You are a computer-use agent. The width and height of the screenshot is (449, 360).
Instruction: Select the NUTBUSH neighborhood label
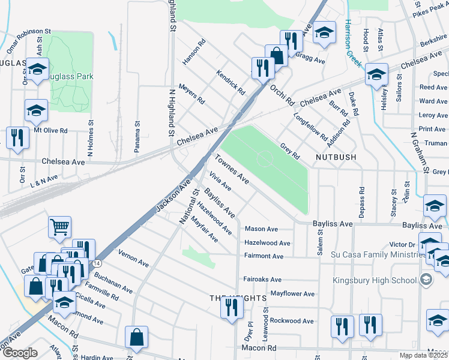(336, 157)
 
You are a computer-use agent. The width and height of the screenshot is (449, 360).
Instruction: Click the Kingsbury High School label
(375, 280)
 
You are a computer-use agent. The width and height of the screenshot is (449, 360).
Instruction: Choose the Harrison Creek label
(352, 44)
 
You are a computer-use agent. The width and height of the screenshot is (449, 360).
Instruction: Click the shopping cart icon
(60, 227)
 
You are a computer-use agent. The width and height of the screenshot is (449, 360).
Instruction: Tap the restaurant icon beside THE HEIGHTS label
(231, 308)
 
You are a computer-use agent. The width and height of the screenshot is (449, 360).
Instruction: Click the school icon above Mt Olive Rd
(36, 110)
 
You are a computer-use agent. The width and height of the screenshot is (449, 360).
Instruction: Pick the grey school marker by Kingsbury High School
(426, 280)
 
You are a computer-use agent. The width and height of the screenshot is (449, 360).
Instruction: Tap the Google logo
(20, 353)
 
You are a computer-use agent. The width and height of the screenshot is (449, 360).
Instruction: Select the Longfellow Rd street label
(310, 127)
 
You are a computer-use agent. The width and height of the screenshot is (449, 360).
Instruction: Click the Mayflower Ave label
(292, 294)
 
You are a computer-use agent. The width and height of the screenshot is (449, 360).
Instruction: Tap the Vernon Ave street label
(133, 258)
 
